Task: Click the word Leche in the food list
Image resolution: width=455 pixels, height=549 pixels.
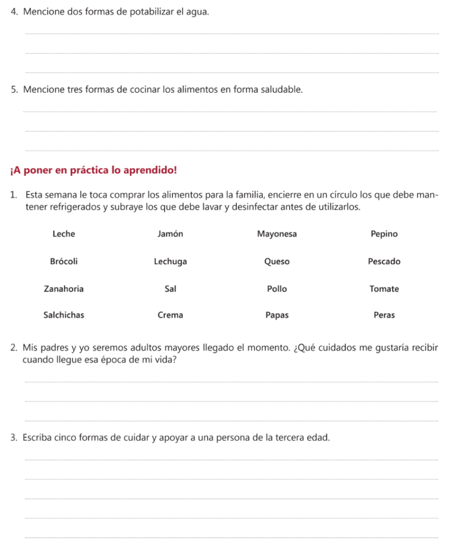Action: [x=64, y=234]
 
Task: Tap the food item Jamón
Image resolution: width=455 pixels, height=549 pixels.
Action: [x=170, y=234]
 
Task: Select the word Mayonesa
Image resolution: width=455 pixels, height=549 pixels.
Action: [x=277, y=234]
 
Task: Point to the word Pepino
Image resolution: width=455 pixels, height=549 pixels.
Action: [x=384, y=234]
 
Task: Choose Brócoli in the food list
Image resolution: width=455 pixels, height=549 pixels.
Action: [x=64, y=262]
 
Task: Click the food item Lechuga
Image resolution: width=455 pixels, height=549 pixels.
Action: [x=170, y=262]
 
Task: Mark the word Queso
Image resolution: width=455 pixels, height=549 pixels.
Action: [x=277, y=262]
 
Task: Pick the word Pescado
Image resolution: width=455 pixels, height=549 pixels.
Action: [x=384, y=262]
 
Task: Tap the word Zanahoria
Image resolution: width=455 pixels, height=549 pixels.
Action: [x=64, y=288]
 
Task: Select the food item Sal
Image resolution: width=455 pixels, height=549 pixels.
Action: [x=170, y=288]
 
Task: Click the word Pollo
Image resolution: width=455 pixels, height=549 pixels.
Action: [x=277, y=288]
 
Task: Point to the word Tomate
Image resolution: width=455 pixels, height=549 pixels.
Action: [x=384, y=288]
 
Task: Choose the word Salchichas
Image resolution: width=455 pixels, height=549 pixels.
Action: [x=64, y=315]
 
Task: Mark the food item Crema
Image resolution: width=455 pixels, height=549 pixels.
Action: [x=170, y=315]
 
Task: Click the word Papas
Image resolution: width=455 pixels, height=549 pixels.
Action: [x=277, y=315]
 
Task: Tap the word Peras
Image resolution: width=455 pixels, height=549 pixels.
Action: [x=384, y=315]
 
